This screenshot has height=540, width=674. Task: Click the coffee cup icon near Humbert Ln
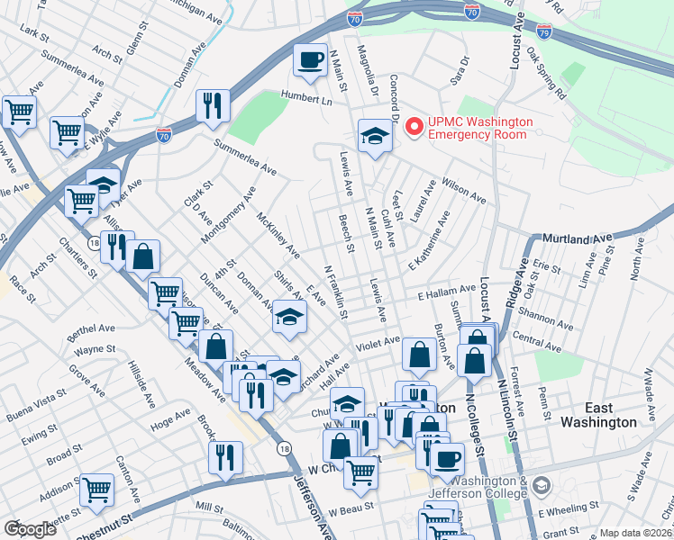pyautogui.click(x=311, y=60)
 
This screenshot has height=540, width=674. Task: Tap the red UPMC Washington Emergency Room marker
pyautogui.click(x=414, y=127)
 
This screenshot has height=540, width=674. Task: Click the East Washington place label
pyautogui.click(x=598, y=414)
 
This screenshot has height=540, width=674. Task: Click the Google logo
pyautogui.click(x=30, y=529)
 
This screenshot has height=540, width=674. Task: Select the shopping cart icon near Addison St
pyautogui.click(x=96, y=490)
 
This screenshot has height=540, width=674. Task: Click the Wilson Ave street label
pyautogui.click(x=464, y=189)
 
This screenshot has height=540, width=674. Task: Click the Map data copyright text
pyautogui.click(x=636, y=533)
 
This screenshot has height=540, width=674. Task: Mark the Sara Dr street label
pyautogui.click(x=460, y=72)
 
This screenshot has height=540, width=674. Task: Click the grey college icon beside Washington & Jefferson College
pyautogui.click(x=541, y=486)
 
